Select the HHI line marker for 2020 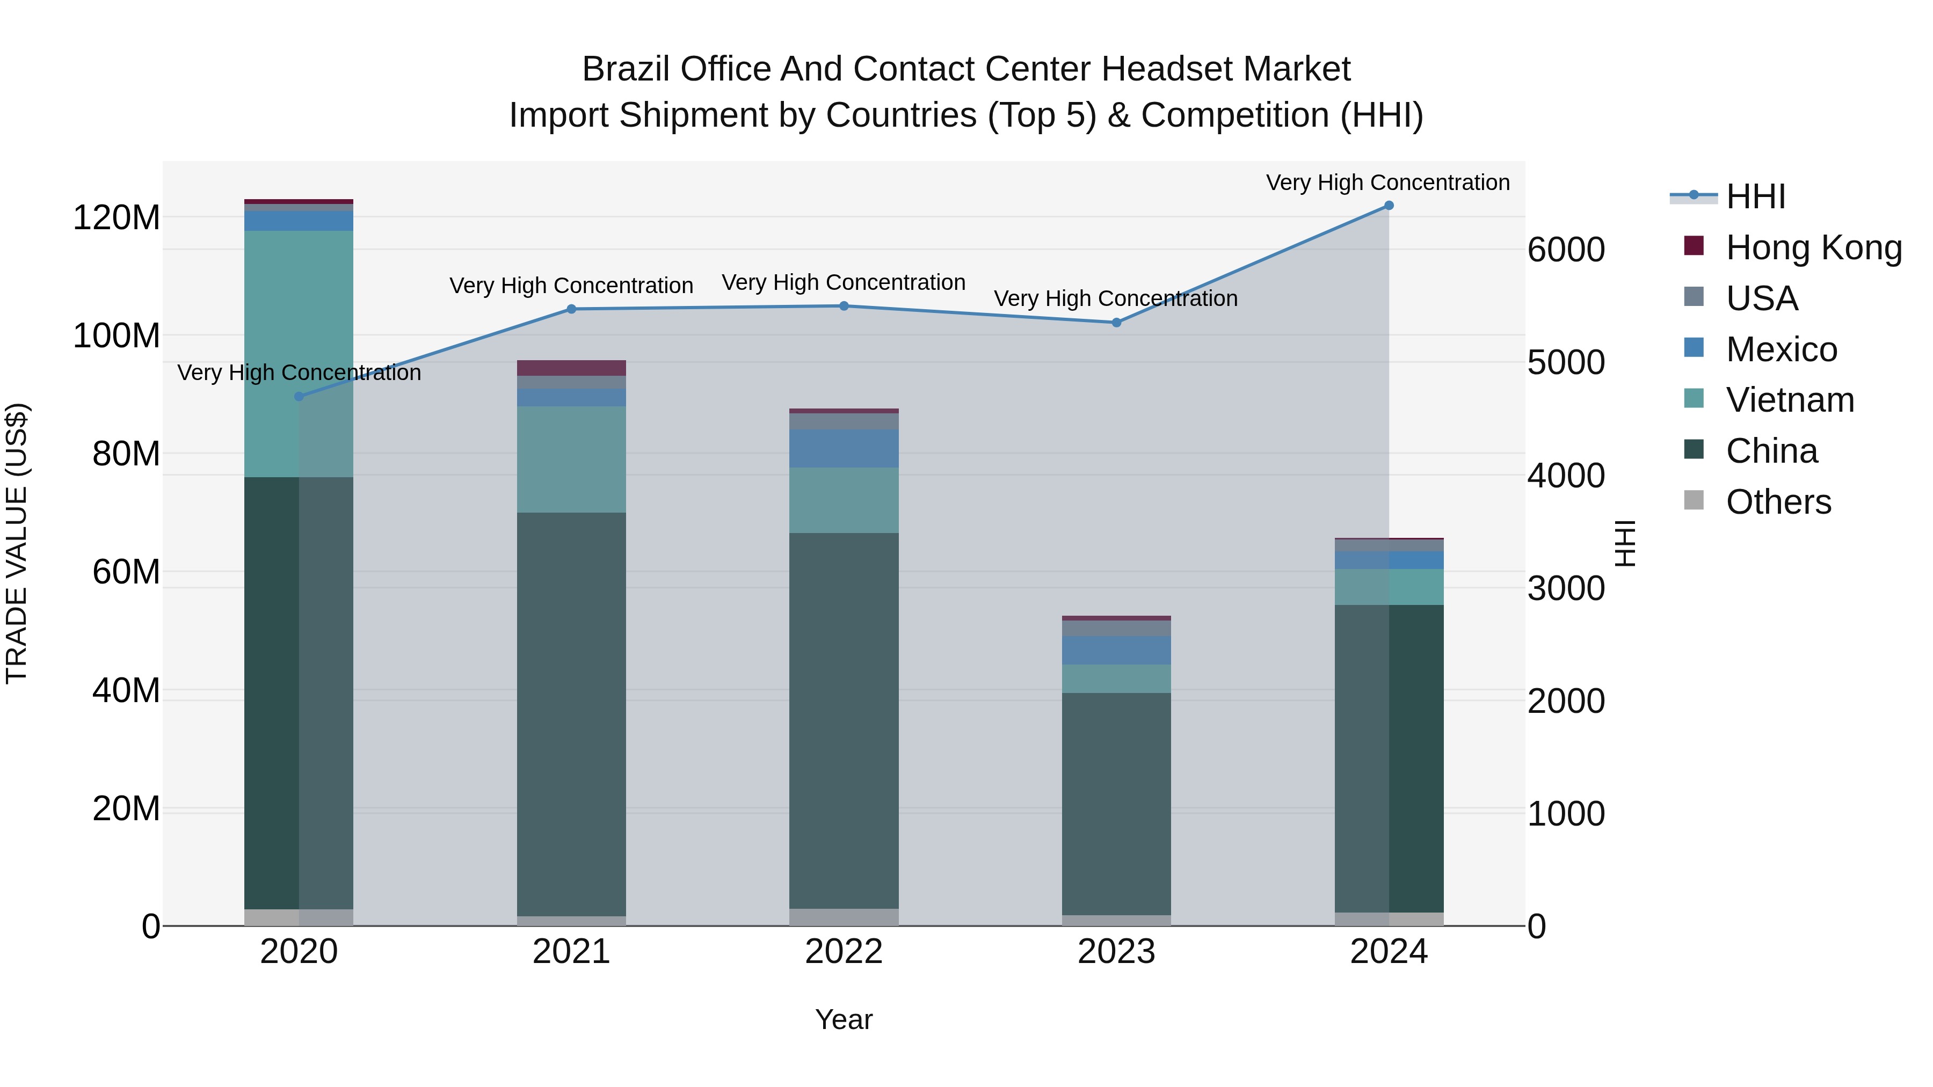[299, 396]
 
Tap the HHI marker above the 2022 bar [844, 306]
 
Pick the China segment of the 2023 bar [1116, 803]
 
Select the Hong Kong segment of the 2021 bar [571, 368]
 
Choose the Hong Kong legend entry [1813, 247]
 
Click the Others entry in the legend [1778, 502]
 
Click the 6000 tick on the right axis [1566, 250]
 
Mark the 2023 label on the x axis [1116, 952]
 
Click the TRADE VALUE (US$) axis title [17, 543]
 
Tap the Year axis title [844, 1019]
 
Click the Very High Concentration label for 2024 [1387, 183]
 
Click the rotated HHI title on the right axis [1625, 543]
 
